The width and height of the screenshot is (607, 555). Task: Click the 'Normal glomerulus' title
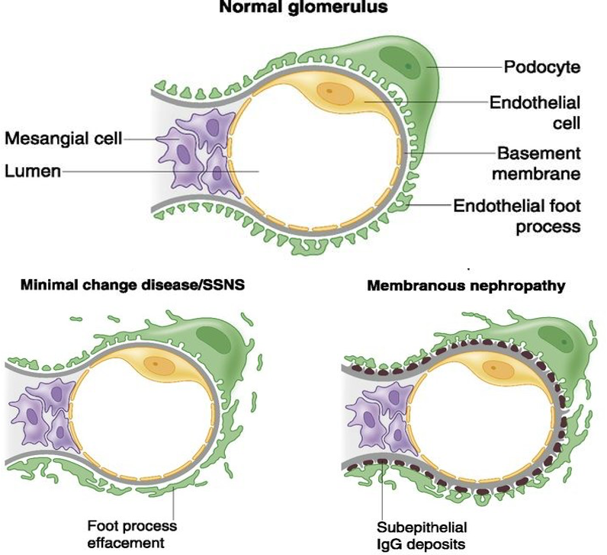point(303,10)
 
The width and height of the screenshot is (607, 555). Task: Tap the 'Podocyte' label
point(542,67)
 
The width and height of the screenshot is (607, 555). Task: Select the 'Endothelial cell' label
point(535,111)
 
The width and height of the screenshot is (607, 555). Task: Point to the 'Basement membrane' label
point(538,162)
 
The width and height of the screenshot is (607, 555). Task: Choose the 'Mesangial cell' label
point(63,139)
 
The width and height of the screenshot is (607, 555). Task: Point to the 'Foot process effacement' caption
point(132,534)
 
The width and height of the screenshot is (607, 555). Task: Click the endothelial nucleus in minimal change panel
point(158,365)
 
